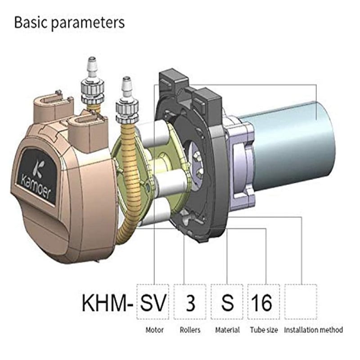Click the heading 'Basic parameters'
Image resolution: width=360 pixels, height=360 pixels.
(70, 22)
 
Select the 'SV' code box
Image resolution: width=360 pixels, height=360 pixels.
(153, 301)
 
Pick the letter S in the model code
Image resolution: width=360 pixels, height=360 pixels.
(227, 302)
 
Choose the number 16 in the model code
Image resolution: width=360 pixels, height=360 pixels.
(262, 302)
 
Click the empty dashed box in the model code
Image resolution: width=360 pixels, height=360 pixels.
(301, 301)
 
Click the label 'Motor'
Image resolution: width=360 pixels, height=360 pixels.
(154, 330)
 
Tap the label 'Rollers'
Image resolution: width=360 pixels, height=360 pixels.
(190, 330)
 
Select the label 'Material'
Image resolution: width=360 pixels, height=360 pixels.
(227, 330)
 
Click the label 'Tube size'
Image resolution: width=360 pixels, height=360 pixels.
(264, 330)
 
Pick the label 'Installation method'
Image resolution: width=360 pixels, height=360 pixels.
(313, 330)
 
